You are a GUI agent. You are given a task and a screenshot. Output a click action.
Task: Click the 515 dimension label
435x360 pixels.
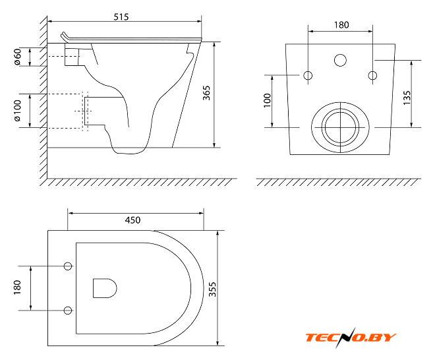[121, 17]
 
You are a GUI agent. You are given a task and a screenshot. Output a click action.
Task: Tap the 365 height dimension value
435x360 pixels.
[206, 93]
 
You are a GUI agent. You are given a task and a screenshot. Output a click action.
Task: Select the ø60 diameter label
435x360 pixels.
[17, 56]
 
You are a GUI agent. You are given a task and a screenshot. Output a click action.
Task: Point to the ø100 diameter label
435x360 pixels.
[17, 111]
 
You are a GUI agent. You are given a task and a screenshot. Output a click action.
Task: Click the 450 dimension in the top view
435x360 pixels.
[132, 220]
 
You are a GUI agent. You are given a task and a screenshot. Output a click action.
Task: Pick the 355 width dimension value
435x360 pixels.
[212, 289]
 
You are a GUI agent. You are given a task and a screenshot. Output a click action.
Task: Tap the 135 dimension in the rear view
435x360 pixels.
[407, 98]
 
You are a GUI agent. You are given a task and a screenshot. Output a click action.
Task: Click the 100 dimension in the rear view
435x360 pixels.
[267, 100]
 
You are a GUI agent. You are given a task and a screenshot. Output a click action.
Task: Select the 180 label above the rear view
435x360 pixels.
[341, 25]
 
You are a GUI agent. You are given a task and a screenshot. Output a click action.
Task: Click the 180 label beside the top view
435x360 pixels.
[17, 287]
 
